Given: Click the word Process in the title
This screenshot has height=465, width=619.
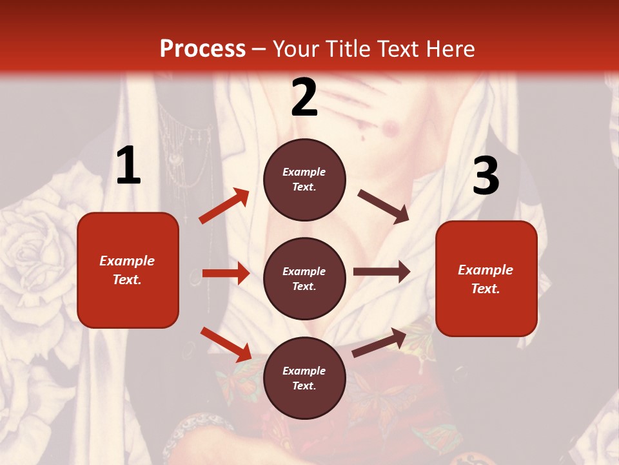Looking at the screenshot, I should [202, 49].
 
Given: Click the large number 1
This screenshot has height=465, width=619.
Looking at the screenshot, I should [128, 166].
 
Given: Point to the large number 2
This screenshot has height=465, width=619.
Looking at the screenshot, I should [304, 98].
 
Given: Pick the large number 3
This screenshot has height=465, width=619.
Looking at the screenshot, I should [486, 176].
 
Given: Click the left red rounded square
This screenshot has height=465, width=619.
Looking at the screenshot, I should [128, 270].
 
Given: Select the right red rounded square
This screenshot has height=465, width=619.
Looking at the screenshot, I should [486, 278].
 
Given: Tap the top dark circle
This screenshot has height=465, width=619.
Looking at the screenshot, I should [304, 179].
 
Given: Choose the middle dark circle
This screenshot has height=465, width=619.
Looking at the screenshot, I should [304, 278].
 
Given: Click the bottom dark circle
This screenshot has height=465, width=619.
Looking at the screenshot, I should [304, 378].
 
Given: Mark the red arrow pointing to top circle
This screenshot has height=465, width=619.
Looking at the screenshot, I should [224, 206].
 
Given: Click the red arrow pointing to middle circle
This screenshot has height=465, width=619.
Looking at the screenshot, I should [226, 273].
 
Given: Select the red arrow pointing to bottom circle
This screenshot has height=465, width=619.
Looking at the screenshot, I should [226, 344].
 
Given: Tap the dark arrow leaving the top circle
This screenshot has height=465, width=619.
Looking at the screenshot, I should [384, 206].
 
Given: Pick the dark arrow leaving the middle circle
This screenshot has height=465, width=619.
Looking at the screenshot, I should [382, 271].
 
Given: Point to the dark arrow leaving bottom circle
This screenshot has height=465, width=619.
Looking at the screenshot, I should [379, 343].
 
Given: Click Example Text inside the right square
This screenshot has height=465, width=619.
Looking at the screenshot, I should [486, 279].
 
